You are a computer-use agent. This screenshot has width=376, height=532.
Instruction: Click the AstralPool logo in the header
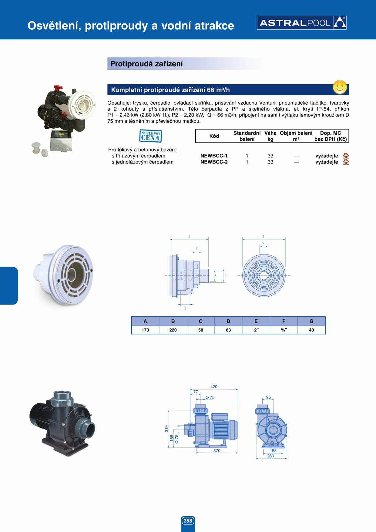click(301, 23)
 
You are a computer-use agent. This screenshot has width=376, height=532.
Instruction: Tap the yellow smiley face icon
click(340, 87)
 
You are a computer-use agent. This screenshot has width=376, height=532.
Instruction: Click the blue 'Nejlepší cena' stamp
click(151, 136)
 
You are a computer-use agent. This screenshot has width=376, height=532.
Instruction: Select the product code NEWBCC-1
click(214, 156)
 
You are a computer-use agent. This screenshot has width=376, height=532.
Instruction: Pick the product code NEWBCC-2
click(214, 162)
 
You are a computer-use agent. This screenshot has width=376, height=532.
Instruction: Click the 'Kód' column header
click(214, 136)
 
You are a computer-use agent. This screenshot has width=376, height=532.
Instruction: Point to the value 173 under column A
click(145, 330)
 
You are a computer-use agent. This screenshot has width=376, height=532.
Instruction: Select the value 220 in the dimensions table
click(173, 330)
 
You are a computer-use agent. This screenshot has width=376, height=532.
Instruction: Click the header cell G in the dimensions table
click(311, 321)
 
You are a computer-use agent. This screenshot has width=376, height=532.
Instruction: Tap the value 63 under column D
click(228, 330)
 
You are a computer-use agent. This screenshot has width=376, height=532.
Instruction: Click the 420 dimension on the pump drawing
click(214, 387)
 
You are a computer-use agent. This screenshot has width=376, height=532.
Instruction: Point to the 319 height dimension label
click(166, 429)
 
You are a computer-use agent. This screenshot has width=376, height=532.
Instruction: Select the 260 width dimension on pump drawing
click(270, 456)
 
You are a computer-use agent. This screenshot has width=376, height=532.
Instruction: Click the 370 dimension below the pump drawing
click(217, 450)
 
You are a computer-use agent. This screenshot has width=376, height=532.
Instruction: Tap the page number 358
click(188, 521)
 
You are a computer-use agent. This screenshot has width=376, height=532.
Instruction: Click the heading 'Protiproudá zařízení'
click(146, 64)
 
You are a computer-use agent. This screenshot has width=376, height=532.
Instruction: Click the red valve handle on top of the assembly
click(58, 88)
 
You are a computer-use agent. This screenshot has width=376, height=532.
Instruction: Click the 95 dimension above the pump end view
click(268, 397)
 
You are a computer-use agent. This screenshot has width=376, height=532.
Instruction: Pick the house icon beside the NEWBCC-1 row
click(346, 156)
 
